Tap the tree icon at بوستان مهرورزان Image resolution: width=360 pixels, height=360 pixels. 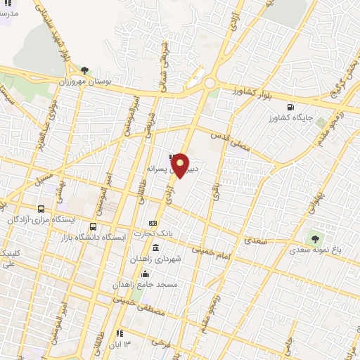[x=85, y=70]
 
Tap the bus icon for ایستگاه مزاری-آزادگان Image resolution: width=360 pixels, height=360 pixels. [x=41, y=209]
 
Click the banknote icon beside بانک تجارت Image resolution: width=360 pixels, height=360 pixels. [x=152, y=224]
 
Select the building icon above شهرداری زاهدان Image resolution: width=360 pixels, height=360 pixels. [x=155, y=247]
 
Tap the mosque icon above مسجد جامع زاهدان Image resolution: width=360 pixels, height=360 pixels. [x=144, y=274]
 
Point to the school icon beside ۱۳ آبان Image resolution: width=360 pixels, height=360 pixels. [x=119, y=333]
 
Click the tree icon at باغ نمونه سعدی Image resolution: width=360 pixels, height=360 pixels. [x=314, y=239]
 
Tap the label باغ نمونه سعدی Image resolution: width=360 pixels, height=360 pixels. [x=317, y=250]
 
